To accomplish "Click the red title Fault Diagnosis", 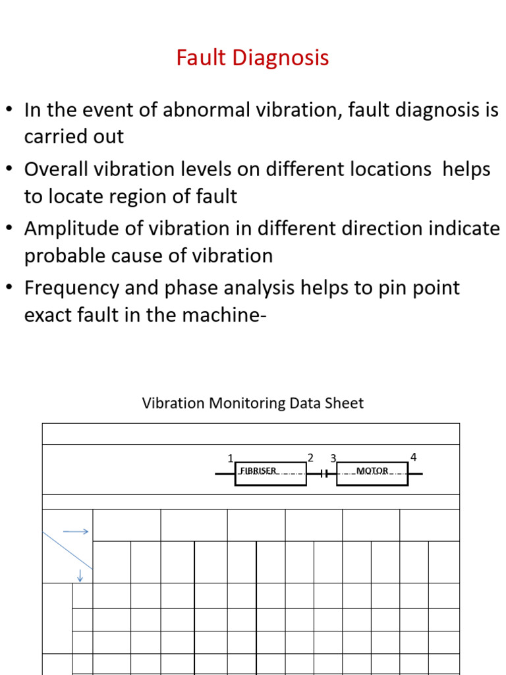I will coord(252,58).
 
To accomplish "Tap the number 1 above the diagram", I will coord(231,458).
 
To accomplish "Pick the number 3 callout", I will coord(333,457).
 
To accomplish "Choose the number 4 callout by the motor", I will coord(414,456).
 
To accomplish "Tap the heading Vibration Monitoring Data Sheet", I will coord(252,403).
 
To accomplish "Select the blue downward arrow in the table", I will coord(80,575).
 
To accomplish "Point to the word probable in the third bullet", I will coord(65,256).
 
